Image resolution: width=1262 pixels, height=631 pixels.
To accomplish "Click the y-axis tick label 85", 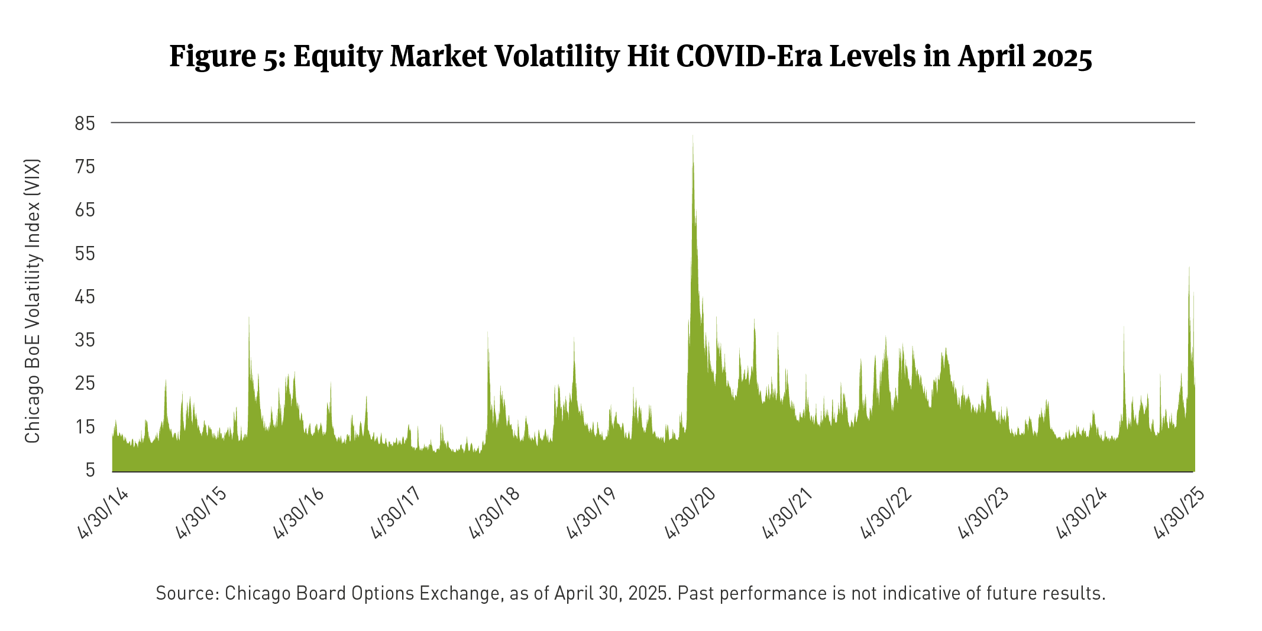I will (85, 124).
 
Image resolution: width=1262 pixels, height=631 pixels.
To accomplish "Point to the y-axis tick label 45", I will (85, 297).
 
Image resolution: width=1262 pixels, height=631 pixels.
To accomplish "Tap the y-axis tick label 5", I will (90, 470).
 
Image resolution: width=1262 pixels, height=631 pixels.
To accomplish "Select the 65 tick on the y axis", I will (85, 211).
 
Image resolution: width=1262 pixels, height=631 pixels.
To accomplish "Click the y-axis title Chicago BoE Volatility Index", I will (33, 300).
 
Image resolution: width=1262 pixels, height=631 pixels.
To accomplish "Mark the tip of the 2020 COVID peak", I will (693, 136).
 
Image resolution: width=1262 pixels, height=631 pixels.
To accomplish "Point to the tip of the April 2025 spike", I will (1189, 267).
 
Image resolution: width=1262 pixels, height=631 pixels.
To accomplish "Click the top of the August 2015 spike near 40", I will (249, 318).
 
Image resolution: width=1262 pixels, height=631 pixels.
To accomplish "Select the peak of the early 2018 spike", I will (487, 332).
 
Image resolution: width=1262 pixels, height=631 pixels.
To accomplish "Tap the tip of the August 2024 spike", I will (1124, 327).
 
